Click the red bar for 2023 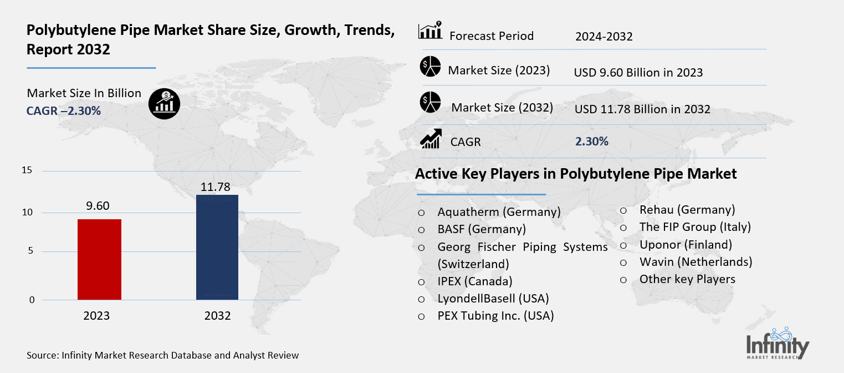pyautogui.click(x=99, y=259)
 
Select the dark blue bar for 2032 pyautogui.click(x=217, y=247)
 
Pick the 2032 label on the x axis pyautogui.click(x=217, y=316)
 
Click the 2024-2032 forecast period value pyautogui.click(x=603, y=37)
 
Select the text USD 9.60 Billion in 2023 pyautogui.click(x=638, y=73)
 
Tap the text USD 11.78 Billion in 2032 pyautogui.click(x=642, y=109)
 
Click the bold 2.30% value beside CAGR pyautogui.click(x=592, y=142)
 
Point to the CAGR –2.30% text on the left pyautogui.click(x=64, y=111)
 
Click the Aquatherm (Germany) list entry pyautogui.click(x=499, y=212)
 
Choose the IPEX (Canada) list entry pyautogui.click(x=475, y=281)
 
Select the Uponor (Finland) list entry pyautogui.click(x=686, y=244)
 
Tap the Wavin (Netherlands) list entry pyautogui.click(x=695, y=261)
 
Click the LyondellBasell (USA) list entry pyautogui.click(x=493, y=299)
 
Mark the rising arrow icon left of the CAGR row pyautogui.click(x=431, y=139)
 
